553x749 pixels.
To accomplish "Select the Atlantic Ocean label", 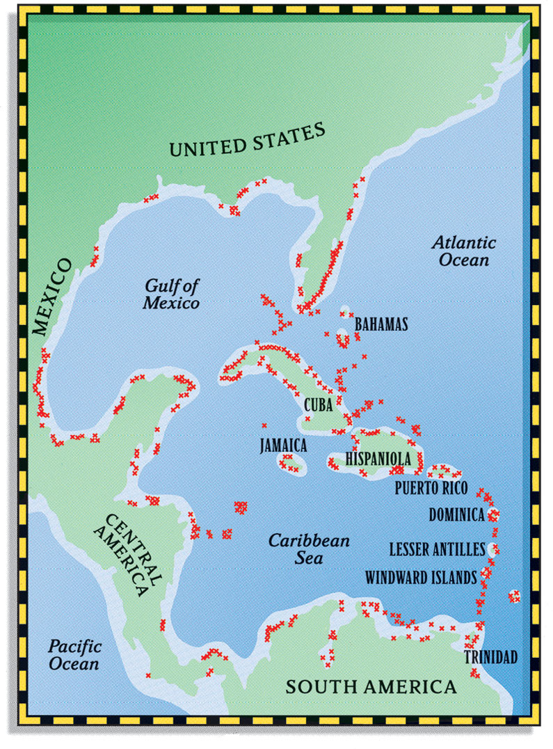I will pyautogui.click(x=463, y=251).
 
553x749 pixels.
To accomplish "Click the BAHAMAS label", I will pyautogui.click(x=381, y=325).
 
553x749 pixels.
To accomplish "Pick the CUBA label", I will pyautogui.click(x=318, y=404).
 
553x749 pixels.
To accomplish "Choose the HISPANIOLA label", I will pyautogui.click(x=379, y=459).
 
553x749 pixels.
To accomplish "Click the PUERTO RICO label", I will pyautogui.click(x=431, y=487).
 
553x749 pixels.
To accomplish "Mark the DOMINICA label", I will pyautogui.click(x=456, y=516).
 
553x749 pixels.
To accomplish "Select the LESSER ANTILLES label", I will pyautogui.click(x=436, y=550).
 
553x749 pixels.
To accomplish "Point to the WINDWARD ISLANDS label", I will pyautogui.click(x=421, y=577).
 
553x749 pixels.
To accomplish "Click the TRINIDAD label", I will pyautogui.click(x=491, y=657).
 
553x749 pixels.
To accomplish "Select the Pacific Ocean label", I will pyautogui.click(x=73, y=654).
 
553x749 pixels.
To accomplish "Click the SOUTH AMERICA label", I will pyautogui.click(x=371, y=687).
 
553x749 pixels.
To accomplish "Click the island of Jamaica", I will pyautogui.click(x=289, y=462).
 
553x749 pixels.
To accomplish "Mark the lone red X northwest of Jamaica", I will pyautogui.click(x=264, y=425).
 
